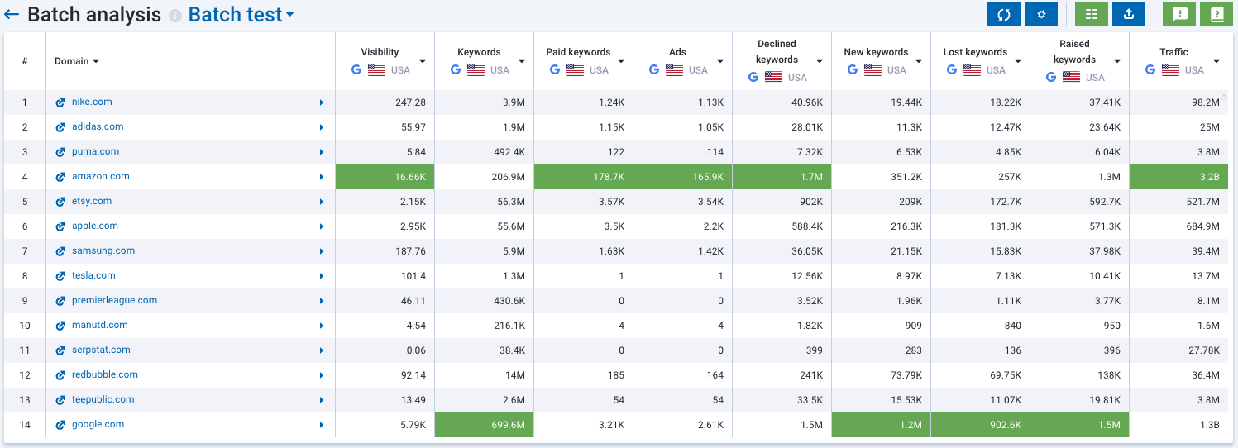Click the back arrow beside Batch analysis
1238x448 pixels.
(12, 15)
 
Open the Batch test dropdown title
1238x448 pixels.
(241, 15)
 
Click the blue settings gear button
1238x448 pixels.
(1040, 14)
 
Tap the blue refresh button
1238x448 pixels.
(1003, 14)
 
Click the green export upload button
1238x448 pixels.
(1128, 14)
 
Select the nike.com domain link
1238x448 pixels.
(92, 102)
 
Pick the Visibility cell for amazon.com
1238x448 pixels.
(385, 177)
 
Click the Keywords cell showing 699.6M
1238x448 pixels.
(484, 425)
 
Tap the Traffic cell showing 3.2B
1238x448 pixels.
(1178, 177)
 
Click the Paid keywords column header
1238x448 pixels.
(578, 52)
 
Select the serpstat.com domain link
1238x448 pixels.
(101, 350)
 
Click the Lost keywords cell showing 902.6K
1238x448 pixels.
(980, 425)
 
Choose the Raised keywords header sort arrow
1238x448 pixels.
(1117, 61)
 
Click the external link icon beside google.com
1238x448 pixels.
(60, 425)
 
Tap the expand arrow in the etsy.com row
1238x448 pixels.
(322, 202)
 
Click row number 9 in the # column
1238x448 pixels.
(25, 301)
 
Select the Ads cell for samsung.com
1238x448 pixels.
(682, 251)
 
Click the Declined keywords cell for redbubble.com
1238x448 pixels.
(782, 375)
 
